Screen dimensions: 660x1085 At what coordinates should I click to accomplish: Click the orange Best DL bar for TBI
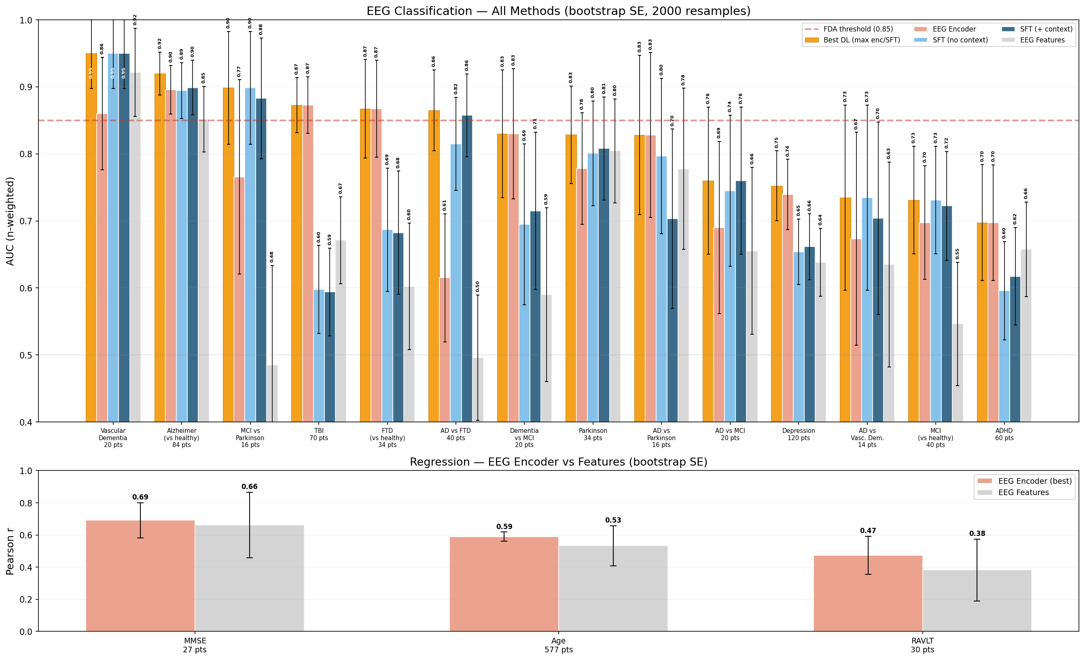click(297, 264)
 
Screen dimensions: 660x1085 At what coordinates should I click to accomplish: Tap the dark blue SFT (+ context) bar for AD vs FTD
click(467, 268)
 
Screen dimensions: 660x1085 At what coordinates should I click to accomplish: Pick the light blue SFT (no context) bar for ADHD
click(1004, 356)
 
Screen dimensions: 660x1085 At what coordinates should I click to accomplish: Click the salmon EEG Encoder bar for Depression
click(787, 308)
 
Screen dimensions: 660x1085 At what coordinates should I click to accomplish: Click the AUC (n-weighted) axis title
click(10, 221)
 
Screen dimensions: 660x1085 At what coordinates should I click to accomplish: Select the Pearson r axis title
click(10, 551)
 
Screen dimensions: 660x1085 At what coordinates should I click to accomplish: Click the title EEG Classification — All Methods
click(558, 11)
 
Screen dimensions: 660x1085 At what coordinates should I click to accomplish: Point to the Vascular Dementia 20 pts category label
click(113, 437)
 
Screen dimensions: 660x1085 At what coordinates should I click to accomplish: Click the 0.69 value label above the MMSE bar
click(140, 497)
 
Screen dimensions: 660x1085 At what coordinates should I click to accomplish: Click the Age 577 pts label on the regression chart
click(558, 645)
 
